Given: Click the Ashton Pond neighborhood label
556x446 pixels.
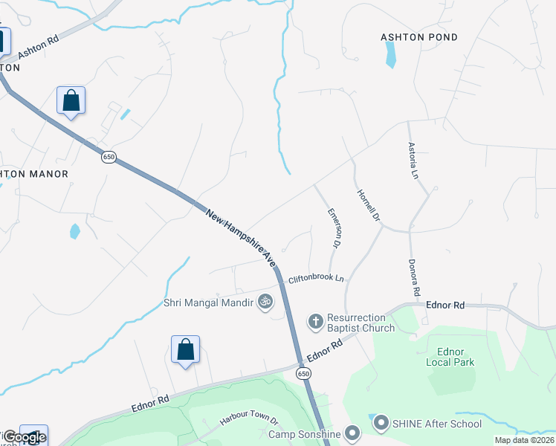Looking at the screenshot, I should point(419,37).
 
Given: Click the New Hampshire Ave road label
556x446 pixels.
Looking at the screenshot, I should point(241,237).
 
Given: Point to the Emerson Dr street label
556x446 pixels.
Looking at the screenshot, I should point(334,227).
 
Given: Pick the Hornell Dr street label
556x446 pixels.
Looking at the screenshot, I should point(369,205).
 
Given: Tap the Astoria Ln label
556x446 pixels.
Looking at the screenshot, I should point(413,161).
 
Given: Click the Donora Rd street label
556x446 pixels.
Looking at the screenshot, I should point(415,277).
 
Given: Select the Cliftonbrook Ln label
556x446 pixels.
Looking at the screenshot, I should point(317,278).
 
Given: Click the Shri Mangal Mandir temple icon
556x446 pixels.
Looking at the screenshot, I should point(264,302).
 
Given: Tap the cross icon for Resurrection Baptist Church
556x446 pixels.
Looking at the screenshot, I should point(315,321).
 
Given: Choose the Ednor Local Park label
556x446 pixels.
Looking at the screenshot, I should point(450,357).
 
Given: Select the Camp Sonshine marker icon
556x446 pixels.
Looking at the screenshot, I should point(352,433).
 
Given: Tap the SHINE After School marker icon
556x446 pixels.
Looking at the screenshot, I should point(381,423).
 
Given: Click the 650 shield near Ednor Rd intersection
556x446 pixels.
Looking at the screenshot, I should point(304,373).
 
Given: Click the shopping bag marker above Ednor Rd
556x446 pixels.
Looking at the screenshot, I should point(185,349).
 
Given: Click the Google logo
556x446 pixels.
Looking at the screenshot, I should point(25,437).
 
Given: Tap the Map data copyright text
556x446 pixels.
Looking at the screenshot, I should point(524,440).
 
